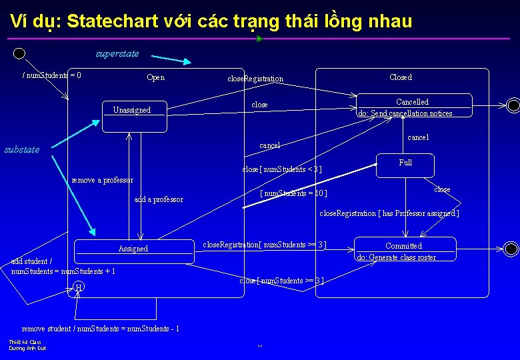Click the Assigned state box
(x=133, y=249)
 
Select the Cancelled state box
(x=415, y=106)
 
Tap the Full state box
(x=405, y=165)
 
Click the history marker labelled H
(x=79, y=287)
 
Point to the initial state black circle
(x=19, y=53)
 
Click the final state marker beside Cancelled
(x=513, y=105)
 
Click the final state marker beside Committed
(x=511, y=249)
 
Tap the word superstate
(x=117, y=53)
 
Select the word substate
(x=22, y=149)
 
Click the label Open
(x=155, y=77)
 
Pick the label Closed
(x=401, y=77)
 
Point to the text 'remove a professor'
(x=102, y=180)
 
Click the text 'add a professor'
(x=159, y=199)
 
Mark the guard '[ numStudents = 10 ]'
(x=293, y=193)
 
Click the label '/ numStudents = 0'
(x=52, y=75)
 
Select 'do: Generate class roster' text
(x=396, y=257)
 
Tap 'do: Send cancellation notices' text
(x=405, y=113)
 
